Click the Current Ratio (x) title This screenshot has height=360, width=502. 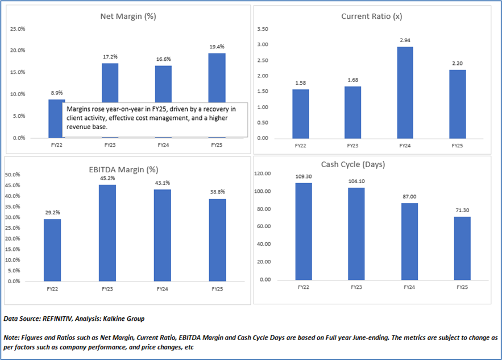(371, 16)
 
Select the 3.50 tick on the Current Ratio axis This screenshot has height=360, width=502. (263, 28)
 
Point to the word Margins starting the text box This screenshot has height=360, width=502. (79, 108)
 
